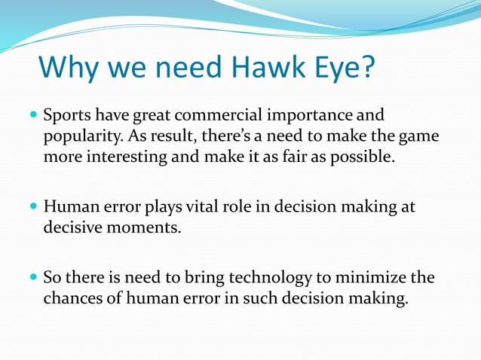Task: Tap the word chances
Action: (x=74, y=299)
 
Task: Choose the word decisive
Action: (x=72, y=227)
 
